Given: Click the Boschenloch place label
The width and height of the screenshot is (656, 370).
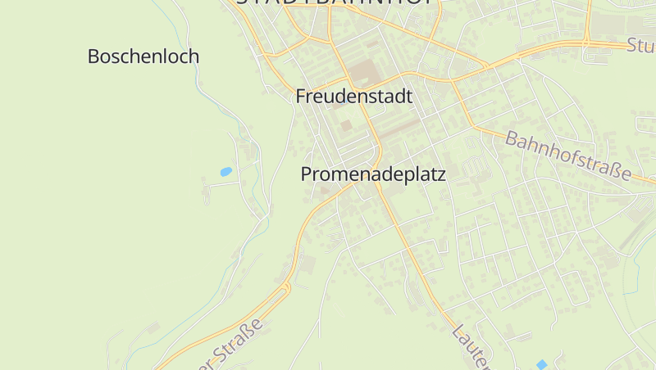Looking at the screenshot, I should click(143, 56).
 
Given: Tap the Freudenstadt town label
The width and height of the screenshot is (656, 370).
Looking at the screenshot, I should click(353, 97).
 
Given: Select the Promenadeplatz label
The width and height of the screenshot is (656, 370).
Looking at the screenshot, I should click(372, 174).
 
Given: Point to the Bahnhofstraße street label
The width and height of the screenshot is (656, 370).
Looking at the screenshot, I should click(568, 156).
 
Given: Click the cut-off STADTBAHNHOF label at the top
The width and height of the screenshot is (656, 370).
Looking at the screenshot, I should click(337, 2).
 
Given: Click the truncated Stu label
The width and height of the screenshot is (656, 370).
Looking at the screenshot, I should click(640, 45).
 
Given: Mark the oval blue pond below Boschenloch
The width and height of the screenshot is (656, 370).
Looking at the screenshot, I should click(225, 172).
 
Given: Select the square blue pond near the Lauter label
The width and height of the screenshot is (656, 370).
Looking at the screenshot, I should click(540, 363).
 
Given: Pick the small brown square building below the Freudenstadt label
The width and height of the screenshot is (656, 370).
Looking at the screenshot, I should click(346, 125).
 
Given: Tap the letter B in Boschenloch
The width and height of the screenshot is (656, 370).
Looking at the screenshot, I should click(93, 56).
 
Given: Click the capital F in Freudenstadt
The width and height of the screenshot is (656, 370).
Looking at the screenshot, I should click(300, 97).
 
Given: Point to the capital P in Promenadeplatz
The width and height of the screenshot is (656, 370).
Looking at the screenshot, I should click(307, 174).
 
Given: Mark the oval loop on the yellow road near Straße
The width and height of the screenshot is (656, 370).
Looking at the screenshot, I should click(286, 287).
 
